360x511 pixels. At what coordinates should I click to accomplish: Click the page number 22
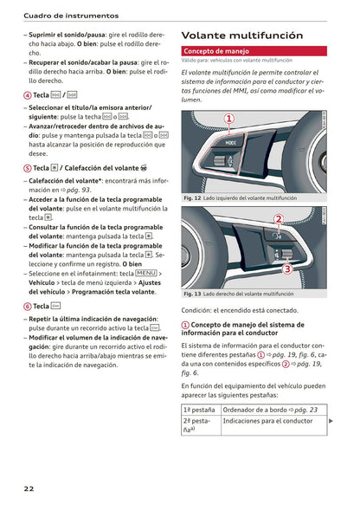click(x=29, y=489)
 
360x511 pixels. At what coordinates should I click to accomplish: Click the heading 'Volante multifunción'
click(x=241, y=36)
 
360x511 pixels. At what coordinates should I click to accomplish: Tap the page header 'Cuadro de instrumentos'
click(x=71, y=15)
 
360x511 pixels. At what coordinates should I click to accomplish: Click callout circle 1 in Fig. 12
click(x=229, y=119)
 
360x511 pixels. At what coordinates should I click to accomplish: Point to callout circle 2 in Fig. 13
click(x=279, y=219)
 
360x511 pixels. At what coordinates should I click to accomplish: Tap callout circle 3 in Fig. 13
click(x=287, y=268)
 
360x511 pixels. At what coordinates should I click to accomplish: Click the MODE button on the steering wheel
click(x=230, y=140)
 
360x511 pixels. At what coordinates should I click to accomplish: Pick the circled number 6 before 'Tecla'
click(x=28, y=306)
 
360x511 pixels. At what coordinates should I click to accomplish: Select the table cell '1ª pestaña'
click(x=199, y=410)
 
